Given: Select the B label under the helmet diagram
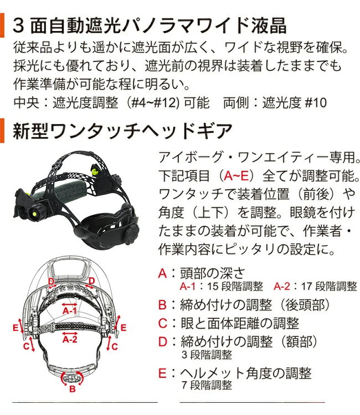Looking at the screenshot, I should pos(72,390).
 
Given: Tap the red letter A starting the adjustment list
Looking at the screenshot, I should pos(162,273).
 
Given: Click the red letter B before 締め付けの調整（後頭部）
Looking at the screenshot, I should pos(162,304).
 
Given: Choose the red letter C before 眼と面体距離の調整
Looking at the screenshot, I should pos(162,323).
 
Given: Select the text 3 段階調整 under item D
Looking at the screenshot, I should pos(206,355).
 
